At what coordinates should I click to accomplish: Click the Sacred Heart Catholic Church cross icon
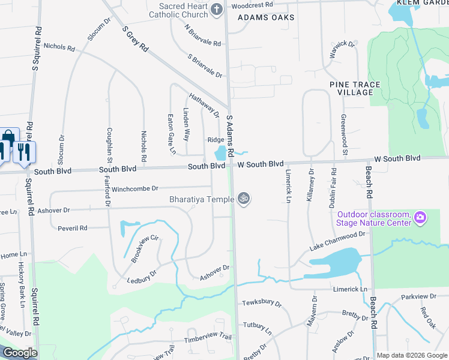[x=216, y=8]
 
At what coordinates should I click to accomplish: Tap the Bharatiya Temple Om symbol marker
[x=243, y=198]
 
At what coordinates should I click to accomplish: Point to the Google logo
[x=20, y=353]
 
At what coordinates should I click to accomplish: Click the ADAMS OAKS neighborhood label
[x=266, y=17]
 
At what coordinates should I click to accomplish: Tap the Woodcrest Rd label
[x=252, y=5]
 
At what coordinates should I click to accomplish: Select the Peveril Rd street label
[x=73, y=228]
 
